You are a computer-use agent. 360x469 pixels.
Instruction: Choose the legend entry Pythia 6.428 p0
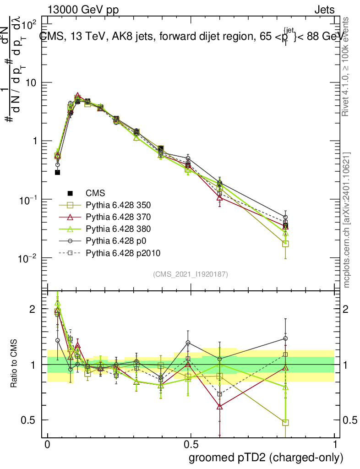point(110,241)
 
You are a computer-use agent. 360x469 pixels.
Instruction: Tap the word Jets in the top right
point(324,10)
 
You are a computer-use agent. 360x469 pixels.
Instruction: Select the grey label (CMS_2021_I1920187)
point(191,274)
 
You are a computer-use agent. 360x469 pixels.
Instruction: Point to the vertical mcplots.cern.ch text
point(347,220)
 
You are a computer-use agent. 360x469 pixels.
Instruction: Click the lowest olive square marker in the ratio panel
point(285,423)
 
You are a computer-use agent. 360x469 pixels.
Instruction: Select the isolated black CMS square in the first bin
point(58,172)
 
